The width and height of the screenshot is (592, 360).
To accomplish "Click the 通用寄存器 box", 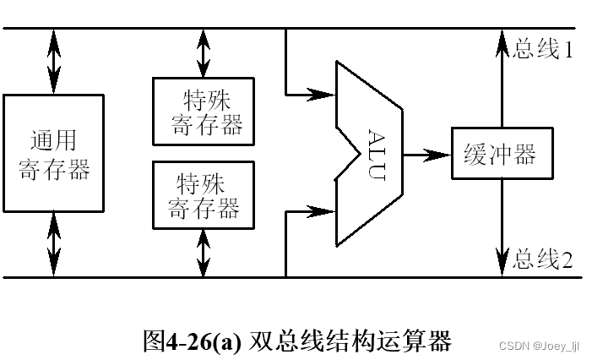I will coord(54,152).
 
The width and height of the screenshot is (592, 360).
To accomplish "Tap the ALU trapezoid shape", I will coord(372,154).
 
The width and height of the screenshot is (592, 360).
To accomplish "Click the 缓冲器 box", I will coord(502,154).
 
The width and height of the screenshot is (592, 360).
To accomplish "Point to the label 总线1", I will coord(544,50).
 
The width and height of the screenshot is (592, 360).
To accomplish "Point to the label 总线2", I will coord(544,259).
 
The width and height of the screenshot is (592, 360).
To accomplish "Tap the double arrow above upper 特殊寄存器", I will coord(203,53).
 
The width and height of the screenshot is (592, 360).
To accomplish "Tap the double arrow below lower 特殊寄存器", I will coord(203,252).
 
